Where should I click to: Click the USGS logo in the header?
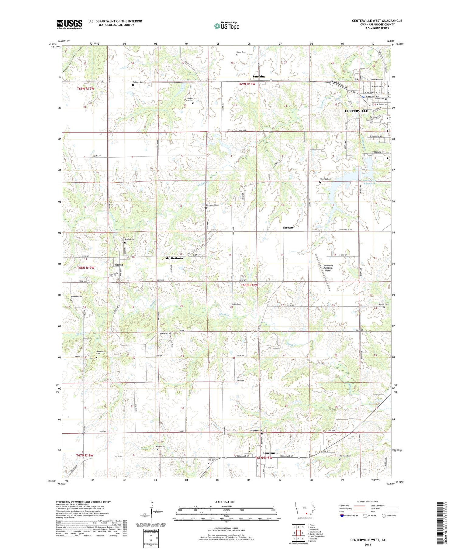69,24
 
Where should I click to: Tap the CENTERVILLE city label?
356,111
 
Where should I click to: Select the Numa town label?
119,264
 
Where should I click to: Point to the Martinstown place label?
174,258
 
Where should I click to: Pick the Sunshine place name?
259,77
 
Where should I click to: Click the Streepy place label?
288,227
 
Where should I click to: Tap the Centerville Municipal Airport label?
328,268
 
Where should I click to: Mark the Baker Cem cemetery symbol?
237,55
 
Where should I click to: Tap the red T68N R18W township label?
249,285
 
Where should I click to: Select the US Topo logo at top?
226,26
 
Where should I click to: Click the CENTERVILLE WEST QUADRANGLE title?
377,21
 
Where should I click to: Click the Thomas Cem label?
325,179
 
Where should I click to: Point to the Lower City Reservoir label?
369,182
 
